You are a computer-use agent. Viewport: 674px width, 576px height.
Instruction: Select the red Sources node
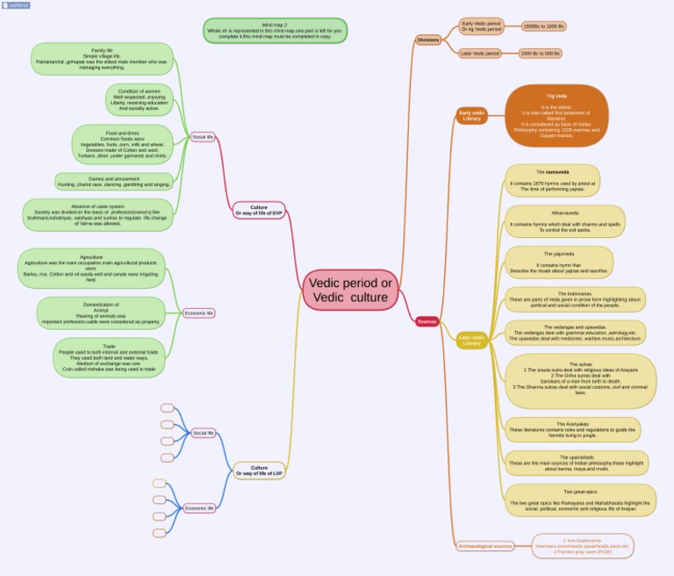[427, 322]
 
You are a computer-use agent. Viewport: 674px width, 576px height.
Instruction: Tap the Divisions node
[428, 40]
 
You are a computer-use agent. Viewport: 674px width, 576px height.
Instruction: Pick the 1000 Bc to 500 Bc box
[540, 54]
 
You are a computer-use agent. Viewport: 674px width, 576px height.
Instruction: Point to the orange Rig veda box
[556, 115]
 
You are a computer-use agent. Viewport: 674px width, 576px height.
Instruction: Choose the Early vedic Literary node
[472, 115]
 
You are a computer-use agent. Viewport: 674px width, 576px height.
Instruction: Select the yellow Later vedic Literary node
[472, 341]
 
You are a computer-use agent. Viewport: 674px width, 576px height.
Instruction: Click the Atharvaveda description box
[565, 221]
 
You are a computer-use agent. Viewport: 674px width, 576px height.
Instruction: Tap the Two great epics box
[580, 500]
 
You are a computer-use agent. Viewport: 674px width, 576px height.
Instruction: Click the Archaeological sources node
[485, 546]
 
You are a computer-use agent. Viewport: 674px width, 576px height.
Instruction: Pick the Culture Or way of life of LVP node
[260, 471]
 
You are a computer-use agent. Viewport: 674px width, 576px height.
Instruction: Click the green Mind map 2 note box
[275, 31]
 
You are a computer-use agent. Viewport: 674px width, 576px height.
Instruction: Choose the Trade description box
[109, 358]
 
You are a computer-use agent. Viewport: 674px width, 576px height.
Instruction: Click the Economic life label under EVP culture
[199, 313]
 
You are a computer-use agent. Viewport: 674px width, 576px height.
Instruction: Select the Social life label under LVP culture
[204, 433]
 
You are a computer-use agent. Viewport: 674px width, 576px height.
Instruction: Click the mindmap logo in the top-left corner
[16, 5]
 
